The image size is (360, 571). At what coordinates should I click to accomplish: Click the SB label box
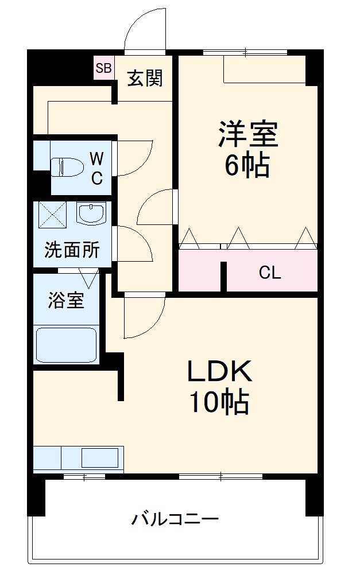(104, 68)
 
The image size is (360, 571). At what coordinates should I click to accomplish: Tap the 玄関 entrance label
(144, 77)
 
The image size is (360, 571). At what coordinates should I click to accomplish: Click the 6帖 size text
(247, 166)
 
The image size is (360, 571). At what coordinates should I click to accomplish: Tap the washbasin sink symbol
(90, 213)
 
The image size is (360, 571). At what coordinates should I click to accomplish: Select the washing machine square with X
(53, 214)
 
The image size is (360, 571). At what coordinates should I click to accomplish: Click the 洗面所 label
(72, 250)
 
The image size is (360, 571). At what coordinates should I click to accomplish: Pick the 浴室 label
(65, 300)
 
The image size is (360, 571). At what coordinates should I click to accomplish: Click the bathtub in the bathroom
(65, 344)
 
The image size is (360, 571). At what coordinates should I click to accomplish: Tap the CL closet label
(269, 273)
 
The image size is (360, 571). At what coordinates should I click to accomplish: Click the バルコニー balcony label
(175, 520)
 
